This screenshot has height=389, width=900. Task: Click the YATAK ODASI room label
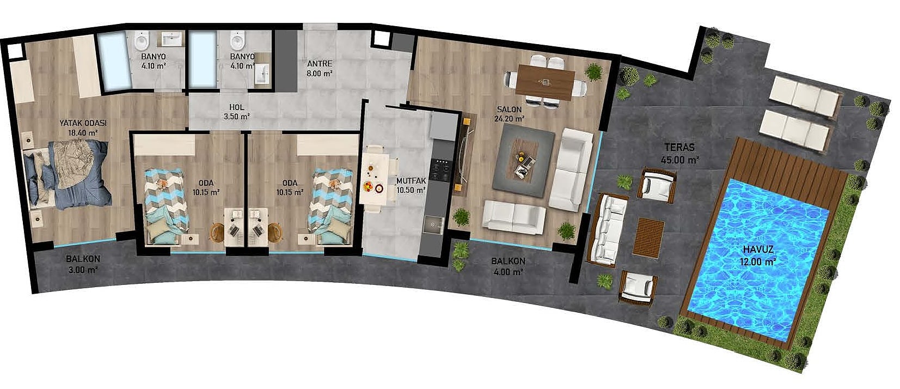(x=83, y=123)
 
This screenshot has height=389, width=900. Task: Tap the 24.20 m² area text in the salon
(x=510, y=119)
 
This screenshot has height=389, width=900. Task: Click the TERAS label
(x=679, y=148)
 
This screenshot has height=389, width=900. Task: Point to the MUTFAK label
(x=411, y=181)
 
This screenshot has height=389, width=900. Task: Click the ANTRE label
(x=320, y=64)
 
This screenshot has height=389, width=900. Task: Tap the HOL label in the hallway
(x=237, y=107)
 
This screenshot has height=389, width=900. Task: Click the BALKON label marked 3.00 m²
(x=83, y=259)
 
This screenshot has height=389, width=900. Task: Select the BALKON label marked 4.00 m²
(x=508, y=261)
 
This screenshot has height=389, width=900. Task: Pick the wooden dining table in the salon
(x=545, y=82)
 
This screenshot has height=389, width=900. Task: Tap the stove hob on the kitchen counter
(x=441, y=169)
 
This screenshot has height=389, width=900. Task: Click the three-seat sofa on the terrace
(x=607, y=229)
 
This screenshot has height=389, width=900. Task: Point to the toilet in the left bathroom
(x=142, y=41)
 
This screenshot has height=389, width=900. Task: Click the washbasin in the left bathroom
(x=172, y=39)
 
